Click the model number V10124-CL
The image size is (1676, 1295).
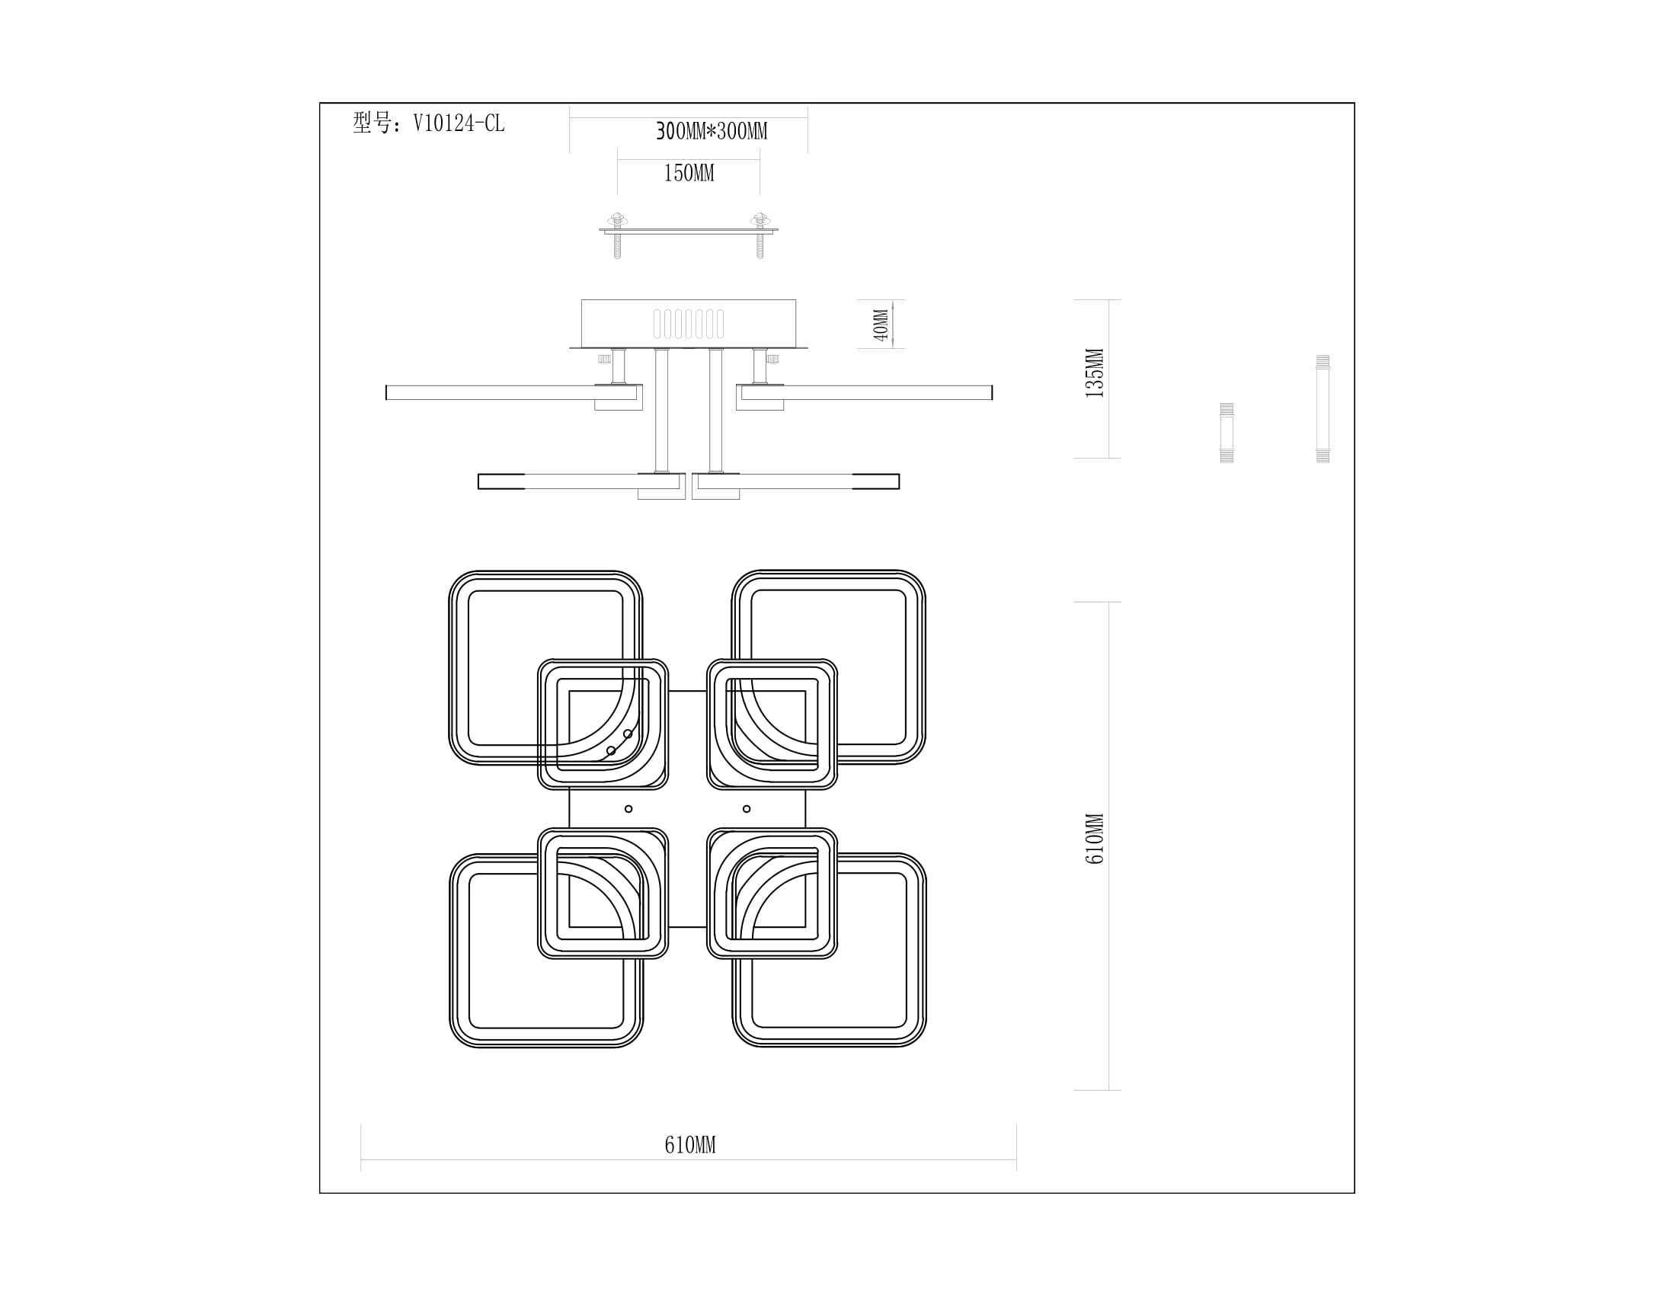[459, 123]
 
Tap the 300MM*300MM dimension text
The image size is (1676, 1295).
[712, 131]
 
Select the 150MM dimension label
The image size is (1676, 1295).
[689, 174]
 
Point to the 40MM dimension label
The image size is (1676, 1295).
[881, 325]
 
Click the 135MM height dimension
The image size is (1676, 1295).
[1095, 373]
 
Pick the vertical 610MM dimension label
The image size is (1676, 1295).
[1095, 839]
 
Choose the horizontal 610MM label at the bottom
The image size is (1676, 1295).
[690, 1146]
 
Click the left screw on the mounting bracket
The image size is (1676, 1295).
[617, 235]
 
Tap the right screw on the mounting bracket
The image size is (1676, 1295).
[760, 235]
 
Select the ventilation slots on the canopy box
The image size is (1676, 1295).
[689, 324]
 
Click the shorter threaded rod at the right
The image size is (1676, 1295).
[1227, 433]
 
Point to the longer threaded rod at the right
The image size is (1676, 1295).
[1323, 409]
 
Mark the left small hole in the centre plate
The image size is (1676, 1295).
[628, 808]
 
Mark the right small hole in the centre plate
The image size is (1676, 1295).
[747, 808]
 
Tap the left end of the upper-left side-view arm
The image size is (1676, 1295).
[386, 393]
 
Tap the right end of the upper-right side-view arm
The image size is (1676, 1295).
[991, 393]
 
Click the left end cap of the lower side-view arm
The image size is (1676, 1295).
[501, 481]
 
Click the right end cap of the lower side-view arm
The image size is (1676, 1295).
[875, 481]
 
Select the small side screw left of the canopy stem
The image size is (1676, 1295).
[605, 358]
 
